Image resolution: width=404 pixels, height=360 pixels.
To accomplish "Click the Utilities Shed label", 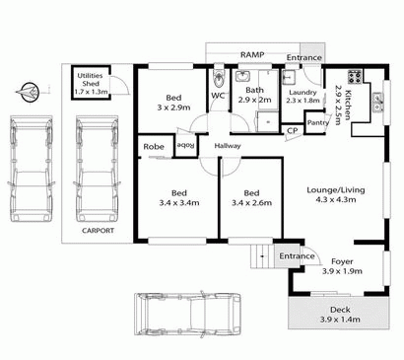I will click(89, 85).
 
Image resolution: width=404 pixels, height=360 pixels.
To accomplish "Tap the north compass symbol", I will click(29, 93).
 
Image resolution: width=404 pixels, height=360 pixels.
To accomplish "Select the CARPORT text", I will click(99, 231).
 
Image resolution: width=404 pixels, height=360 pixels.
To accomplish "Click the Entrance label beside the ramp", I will click(303, 58).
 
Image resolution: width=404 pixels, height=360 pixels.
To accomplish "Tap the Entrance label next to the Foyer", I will click(295, 256).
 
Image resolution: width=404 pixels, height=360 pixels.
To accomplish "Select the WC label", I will click(219, 97).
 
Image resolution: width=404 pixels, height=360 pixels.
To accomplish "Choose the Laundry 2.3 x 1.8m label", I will click(303, 95).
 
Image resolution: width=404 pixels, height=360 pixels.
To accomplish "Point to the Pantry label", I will click(317, 122).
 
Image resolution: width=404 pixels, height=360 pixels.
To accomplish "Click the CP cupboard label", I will click(293, 130).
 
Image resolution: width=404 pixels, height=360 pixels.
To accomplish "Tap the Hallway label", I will click(228, 146).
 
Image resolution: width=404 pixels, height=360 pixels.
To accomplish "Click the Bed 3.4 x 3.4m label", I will click(178, 197).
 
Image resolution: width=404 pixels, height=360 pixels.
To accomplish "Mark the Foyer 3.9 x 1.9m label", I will click(342, 266).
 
